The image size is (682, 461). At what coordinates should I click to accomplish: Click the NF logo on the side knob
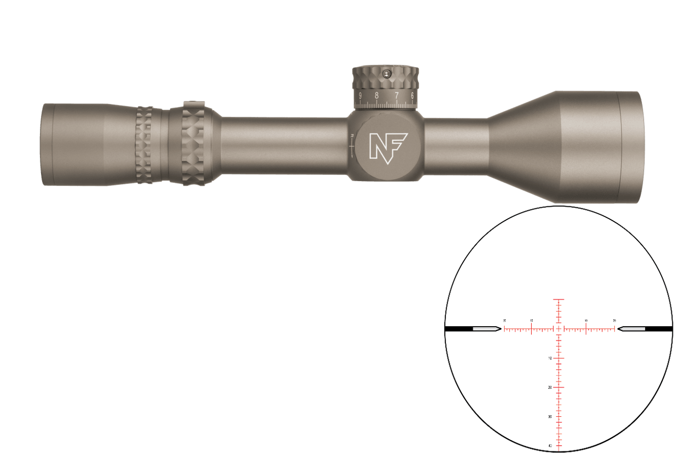[388, 146]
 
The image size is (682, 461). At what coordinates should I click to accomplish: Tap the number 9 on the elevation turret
[361, 96]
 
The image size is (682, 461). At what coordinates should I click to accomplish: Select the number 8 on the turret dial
[377, 96]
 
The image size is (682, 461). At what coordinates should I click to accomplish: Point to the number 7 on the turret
[396, 96]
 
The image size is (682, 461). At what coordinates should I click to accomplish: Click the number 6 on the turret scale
[413, 96]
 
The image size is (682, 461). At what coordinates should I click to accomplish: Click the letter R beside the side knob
[351, 136]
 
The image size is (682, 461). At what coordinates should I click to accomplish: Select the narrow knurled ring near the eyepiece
[144, 144]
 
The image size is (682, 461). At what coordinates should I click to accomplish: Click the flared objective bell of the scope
[565, 147]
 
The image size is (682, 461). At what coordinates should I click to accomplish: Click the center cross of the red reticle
[558, 329]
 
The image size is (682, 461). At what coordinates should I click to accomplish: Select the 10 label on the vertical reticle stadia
[549, 358]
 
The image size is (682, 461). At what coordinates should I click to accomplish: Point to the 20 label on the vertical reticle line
[549, 387]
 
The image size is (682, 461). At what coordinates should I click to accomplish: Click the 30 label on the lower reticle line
[549, 416]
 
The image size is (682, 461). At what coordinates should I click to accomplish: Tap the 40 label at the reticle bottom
[549, 446]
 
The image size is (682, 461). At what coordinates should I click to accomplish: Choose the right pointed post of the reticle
[630, 329]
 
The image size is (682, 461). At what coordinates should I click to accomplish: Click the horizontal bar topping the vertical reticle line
[558, 300]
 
